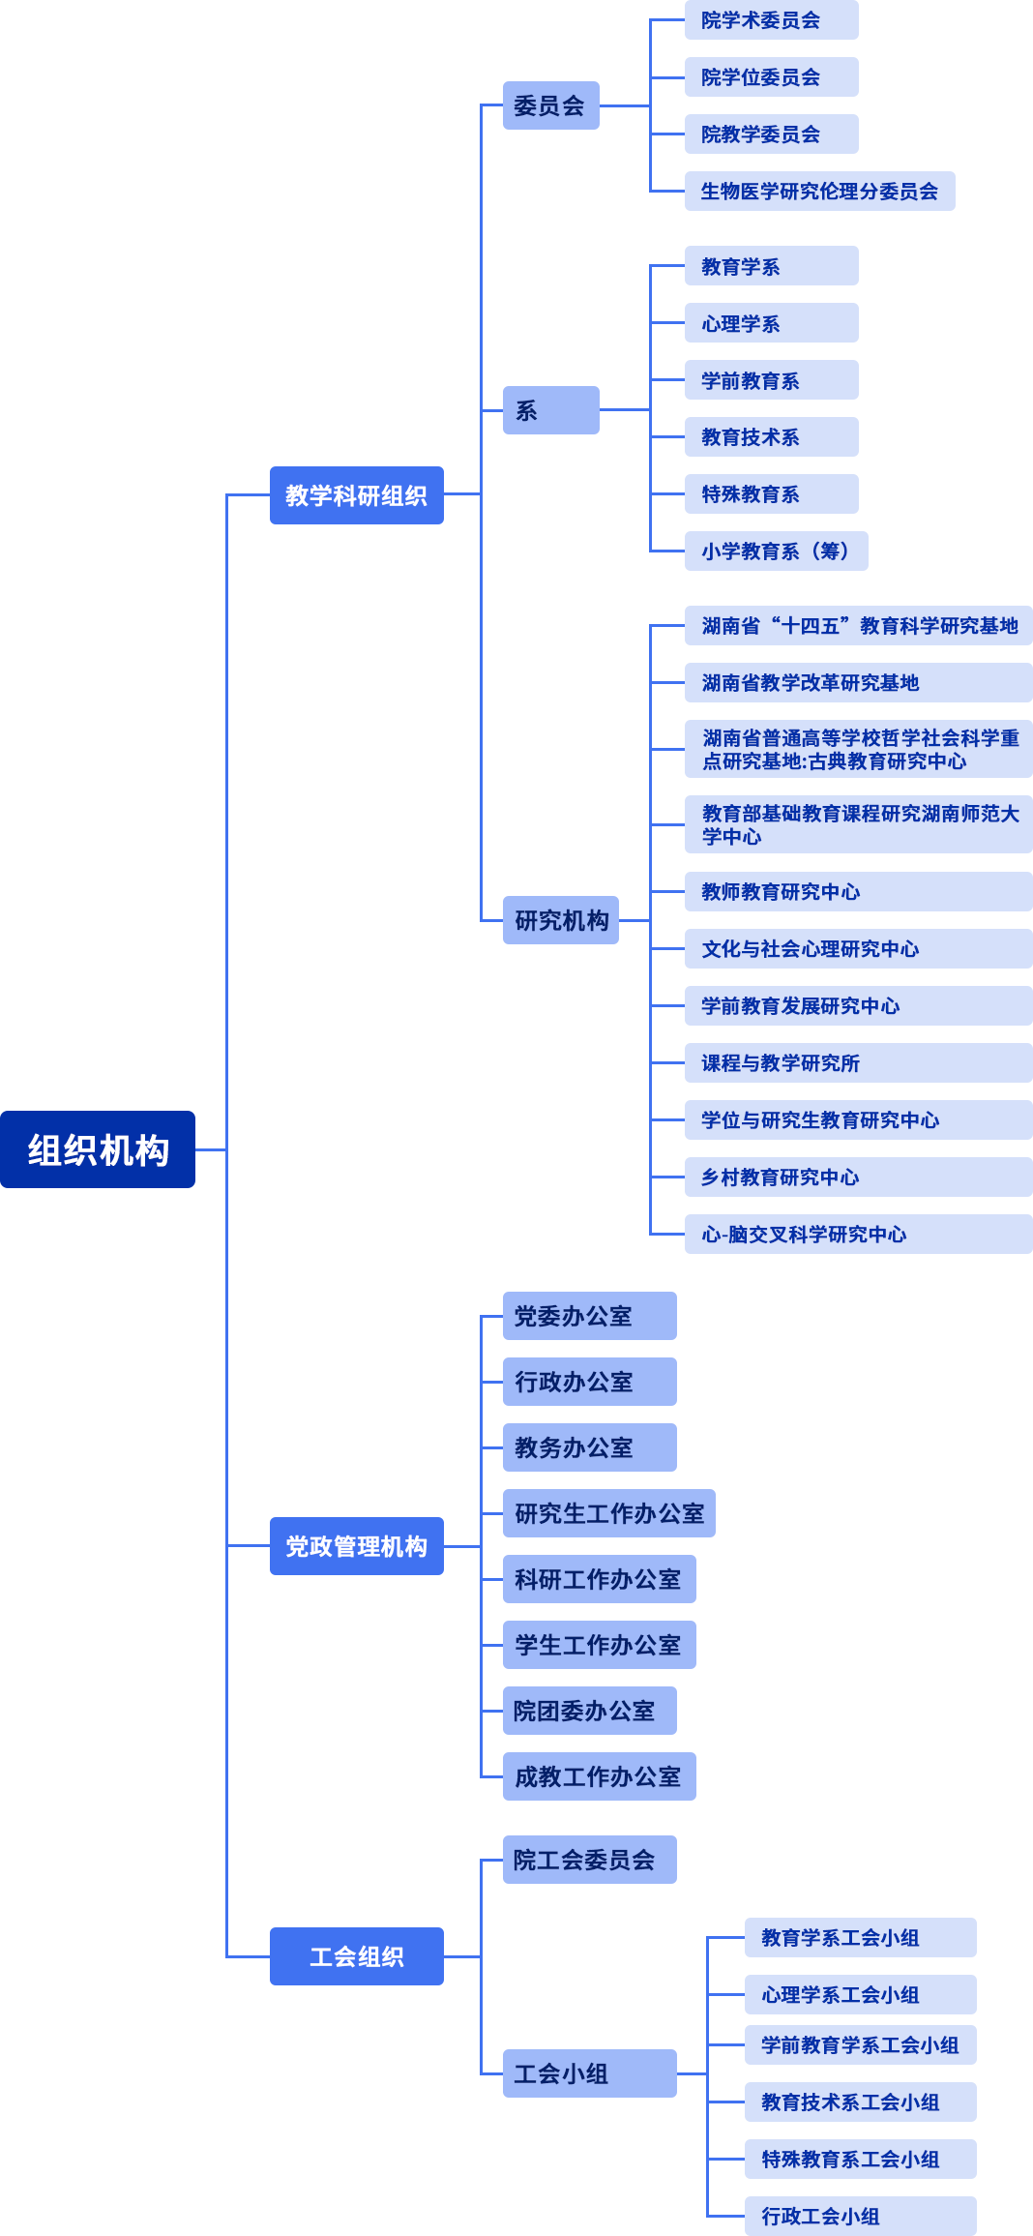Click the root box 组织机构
click(98, 1149)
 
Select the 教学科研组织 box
click(356, 495)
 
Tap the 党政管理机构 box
click(356, 1546)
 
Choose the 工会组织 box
click(356, 1956)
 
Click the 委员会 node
click(550, 105)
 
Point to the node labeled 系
click(550, 410)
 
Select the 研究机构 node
click(561, 920)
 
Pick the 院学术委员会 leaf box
click(771, 20)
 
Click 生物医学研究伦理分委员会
click(819, 192)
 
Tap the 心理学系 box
click(771, 323)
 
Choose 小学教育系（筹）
click(776, 552)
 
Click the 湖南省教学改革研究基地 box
click(858, 683)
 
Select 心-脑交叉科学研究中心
click(858, 1235)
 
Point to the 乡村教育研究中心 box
click(858, 1178)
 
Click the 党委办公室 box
click(589, 1316)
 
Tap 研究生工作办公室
click(608, 1513)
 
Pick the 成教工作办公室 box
click(599, 1776)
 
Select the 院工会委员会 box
click(589, 1860)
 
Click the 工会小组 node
click(589, 2073)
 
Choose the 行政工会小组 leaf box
click(860, 2216)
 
